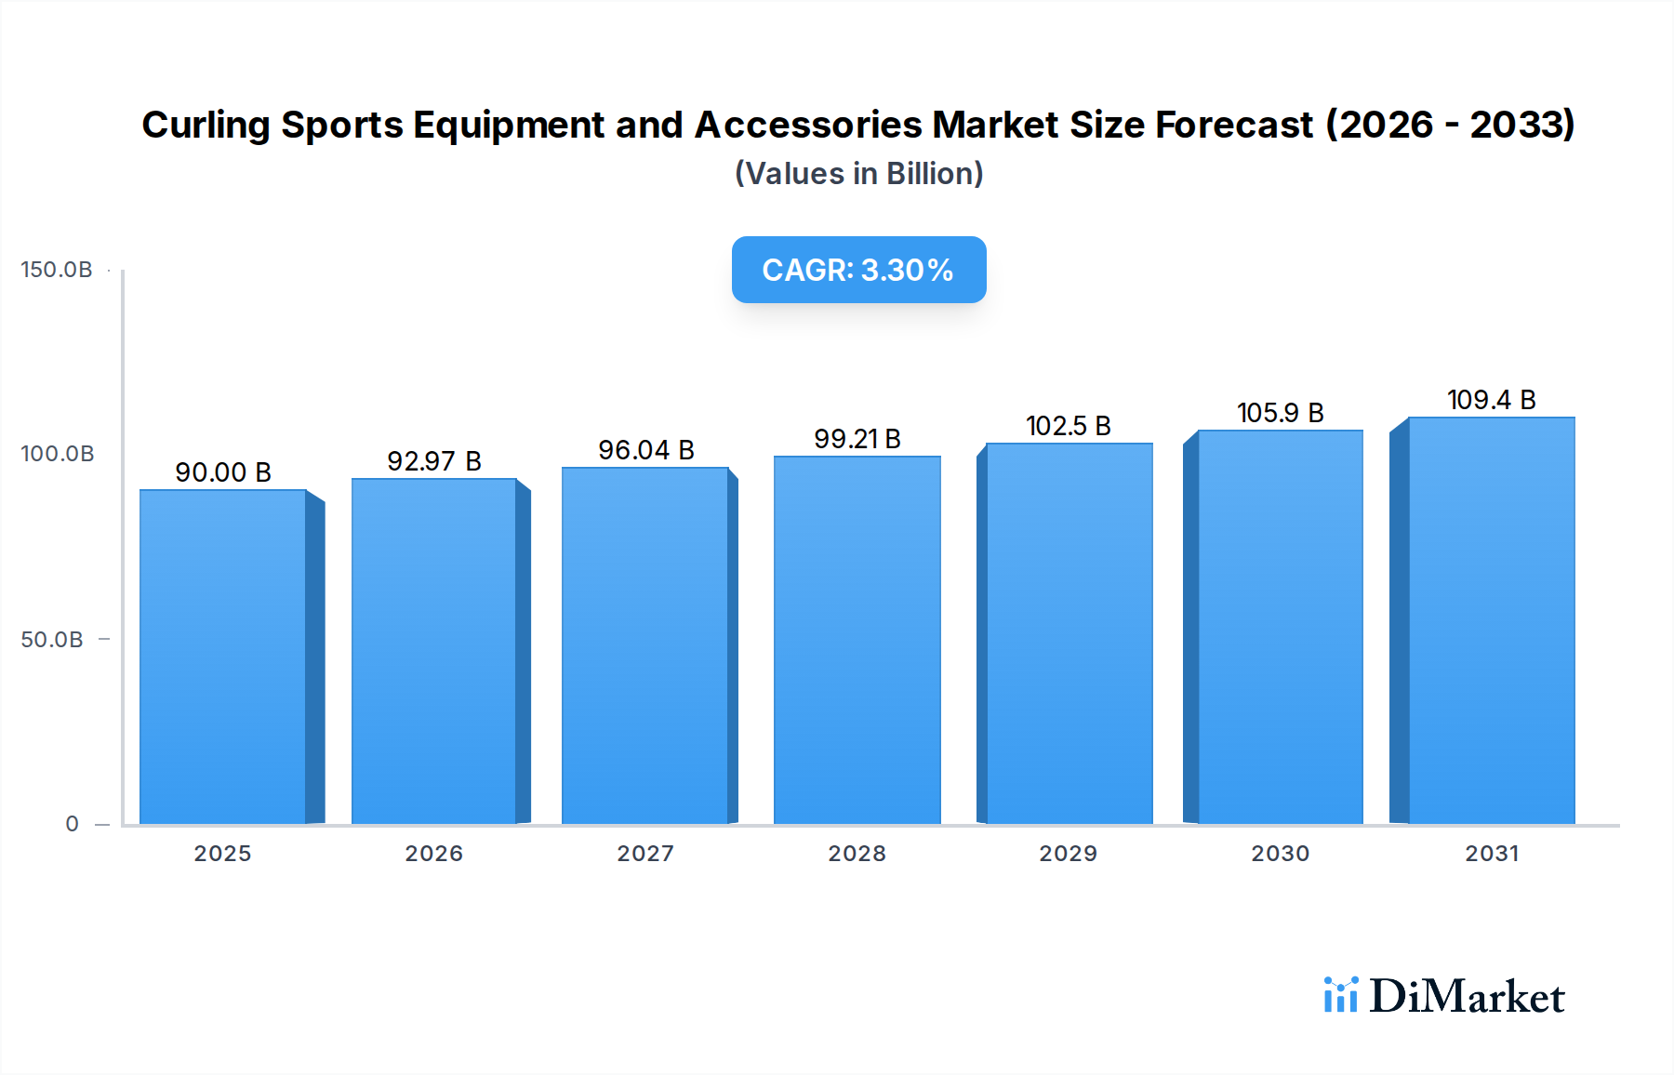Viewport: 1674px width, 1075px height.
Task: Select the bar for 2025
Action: [x=223, y=657]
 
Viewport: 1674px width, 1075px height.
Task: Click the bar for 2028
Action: [x=857, y=640]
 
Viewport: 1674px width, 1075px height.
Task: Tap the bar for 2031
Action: [x=1491, y=620]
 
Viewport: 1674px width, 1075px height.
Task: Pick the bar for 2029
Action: [x=1069, y=633]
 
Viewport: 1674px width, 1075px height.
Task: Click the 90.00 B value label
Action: [x=223, y=472]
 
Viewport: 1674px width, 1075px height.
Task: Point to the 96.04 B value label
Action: [x=646, y=450]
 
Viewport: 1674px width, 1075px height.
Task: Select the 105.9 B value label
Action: [x=1280, y=413]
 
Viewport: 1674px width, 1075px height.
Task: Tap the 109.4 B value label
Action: [x=1491, y=400]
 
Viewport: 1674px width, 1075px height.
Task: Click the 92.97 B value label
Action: [x=434, y=461]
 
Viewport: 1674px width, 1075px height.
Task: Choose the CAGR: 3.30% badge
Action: [x=858, y=270]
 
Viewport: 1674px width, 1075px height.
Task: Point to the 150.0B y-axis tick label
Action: [x=57, y=270]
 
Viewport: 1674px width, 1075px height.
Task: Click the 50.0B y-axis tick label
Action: [x=52, y=640]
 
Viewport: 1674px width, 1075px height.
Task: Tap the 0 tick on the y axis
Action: [x=73, y=824]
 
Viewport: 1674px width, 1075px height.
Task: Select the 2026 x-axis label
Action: [x=434, y=854]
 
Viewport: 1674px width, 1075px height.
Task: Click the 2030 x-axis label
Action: [x=1280, y=854]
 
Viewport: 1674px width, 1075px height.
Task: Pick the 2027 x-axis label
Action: [x=645, y=854]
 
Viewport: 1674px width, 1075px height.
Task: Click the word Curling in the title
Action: [x=206, y=126]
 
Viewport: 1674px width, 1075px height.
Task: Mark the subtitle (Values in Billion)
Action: [x=858, y=174]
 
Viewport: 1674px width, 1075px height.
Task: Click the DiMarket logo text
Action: [x=1467, y=997]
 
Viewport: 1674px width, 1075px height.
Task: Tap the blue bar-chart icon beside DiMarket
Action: [x=1341, y=995]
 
